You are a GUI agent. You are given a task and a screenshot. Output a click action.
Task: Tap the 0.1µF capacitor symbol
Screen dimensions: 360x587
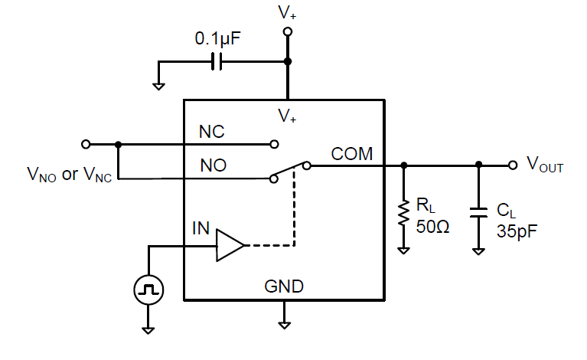tap(216, 62)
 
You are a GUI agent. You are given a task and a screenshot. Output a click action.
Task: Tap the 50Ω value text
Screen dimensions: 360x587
tap(431, 226)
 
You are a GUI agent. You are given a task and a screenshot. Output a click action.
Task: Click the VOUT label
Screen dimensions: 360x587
tap(545, 164)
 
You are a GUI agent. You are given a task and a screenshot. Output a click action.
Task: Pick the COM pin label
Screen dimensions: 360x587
tap(352, 154)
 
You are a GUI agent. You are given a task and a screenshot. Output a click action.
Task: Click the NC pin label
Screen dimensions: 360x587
tap(212, 132)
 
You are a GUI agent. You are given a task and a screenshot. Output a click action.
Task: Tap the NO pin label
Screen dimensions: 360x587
tap(212, 165)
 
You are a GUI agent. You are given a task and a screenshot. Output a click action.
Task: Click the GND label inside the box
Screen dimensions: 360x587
tap(284, 287)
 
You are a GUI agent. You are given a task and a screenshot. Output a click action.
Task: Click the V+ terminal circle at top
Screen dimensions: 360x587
tap(288, 32)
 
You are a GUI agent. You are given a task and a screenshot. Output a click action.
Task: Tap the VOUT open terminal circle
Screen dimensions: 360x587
tap(512, 165)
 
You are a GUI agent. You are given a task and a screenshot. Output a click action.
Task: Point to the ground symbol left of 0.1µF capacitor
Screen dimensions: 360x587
tap(158, 85)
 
